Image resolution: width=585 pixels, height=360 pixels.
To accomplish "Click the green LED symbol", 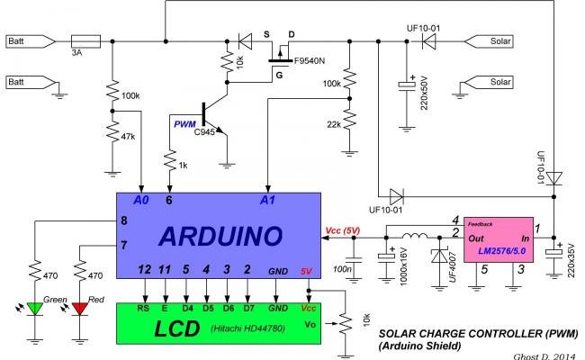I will [37, 309].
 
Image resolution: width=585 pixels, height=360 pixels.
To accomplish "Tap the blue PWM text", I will [185, 124].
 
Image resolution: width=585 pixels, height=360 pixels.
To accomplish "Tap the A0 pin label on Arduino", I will [139, 199].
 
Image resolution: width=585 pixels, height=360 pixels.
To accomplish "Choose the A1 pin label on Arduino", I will [266, 199].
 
